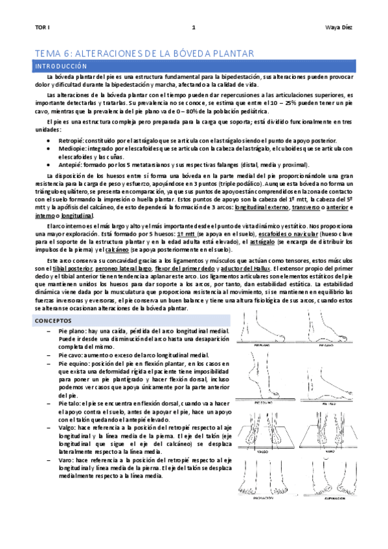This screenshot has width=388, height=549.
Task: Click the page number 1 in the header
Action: (193, 28)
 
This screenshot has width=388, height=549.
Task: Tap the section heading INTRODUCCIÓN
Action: (61, 66)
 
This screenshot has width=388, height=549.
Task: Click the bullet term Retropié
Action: (70, 140)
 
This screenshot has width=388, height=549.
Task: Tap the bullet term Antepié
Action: (69, 166)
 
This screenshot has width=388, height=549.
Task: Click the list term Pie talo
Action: (69, 403)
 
